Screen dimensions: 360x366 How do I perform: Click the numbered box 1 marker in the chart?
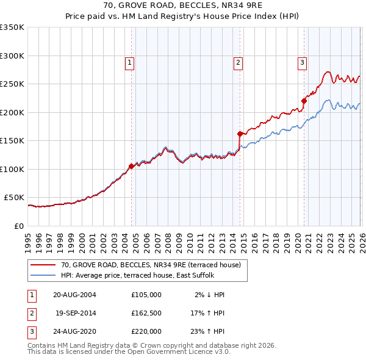pyautogui.click(x=130, y=62)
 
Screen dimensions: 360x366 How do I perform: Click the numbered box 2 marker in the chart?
pyautogui.click(x=238, y=62)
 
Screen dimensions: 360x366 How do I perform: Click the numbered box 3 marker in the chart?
pyautogui.click(x=302, y=62)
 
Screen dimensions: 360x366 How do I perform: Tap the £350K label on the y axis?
pyautogui.click(x=12, y=27)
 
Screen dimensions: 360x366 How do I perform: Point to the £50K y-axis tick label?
pyautogui.click(x=14, y=198)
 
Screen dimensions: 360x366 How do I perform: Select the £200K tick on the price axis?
pyautogui.click(x=12, y=112)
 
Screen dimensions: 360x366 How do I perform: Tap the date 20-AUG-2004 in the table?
pyautogui.click(x=74, y=295)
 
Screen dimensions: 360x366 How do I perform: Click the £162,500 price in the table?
pyautogui.click(x=146, y=313)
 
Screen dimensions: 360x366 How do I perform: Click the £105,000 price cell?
pyautogui.click(x=146, y=295)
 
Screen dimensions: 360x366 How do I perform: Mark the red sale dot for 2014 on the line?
pyautogui.click(x=240, y=133)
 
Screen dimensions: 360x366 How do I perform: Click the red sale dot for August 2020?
pyautogui.click(x=304, y=101)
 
